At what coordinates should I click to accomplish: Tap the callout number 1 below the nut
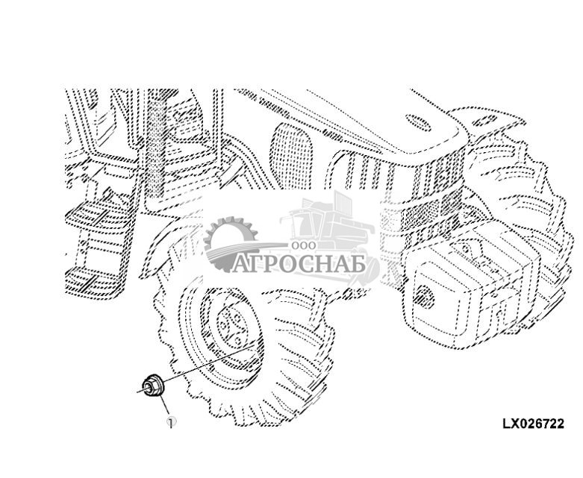[x=172, y=422]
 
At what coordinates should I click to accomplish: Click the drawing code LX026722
[x=532, y=424]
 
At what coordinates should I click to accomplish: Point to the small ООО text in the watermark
[x=305, y=245]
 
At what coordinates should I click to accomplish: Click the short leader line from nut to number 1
[x=163, y=406]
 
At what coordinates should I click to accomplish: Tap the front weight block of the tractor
[x=463, y=287]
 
